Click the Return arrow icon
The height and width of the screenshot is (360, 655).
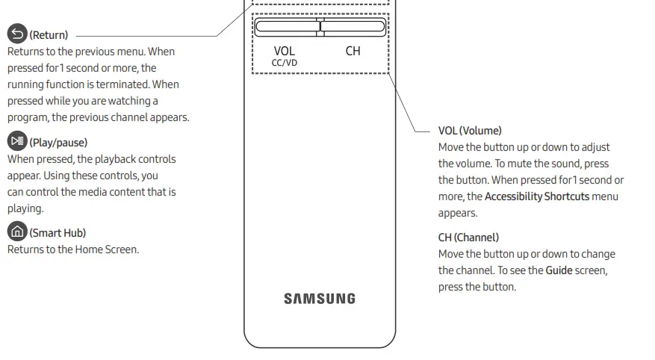click(17, 34)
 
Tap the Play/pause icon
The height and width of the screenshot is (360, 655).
click(17, 141)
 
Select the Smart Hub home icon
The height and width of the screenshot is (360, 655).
click(17, 232)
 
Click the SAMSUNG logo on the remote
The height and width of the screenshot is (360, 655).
click(319, 299)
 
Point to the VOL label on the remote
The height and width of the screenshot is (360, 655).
click(285, 52)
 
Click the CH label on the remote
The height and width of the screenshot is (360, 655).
click(353, 52)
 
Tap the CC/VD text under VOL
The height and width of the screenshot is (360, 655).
click(285, 63)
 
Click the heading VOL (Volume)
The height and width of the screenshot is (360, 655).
click(470, 131)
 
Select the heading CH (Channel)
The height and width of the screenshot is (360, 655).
click(468, 238)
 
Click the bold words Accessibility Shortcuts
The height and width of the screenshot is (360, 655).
click(537, 196)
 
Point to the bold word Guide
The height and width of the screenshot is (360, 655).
click(559, 270)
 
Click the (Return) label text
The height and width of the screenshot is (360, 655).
click(49, 35)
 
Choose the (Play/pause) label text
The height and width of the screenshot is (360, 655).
click(58, 143)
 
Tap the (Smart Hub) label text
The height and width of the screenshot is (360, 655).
click(58, 233)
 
